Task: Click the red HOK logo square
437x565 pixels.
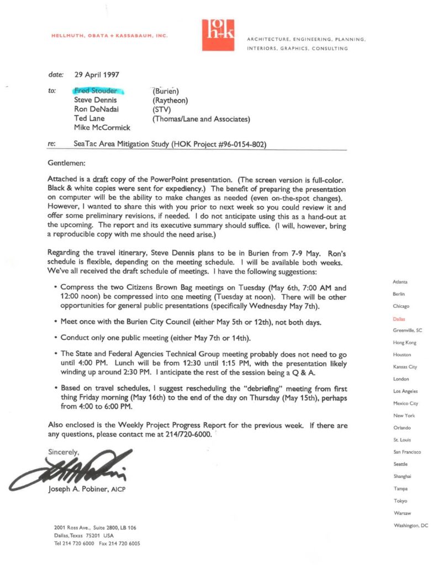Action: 218,35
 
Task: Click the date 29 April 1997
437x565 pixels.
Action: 97,74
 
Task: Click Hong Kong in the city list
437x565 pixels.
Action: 405,343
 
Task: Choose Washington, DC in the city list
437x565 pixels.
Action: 410,525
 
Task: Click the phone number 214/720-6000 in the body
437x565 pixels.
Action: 186,434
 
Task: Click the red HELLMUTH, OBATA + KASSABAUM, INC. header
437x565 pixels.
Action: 109,36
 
